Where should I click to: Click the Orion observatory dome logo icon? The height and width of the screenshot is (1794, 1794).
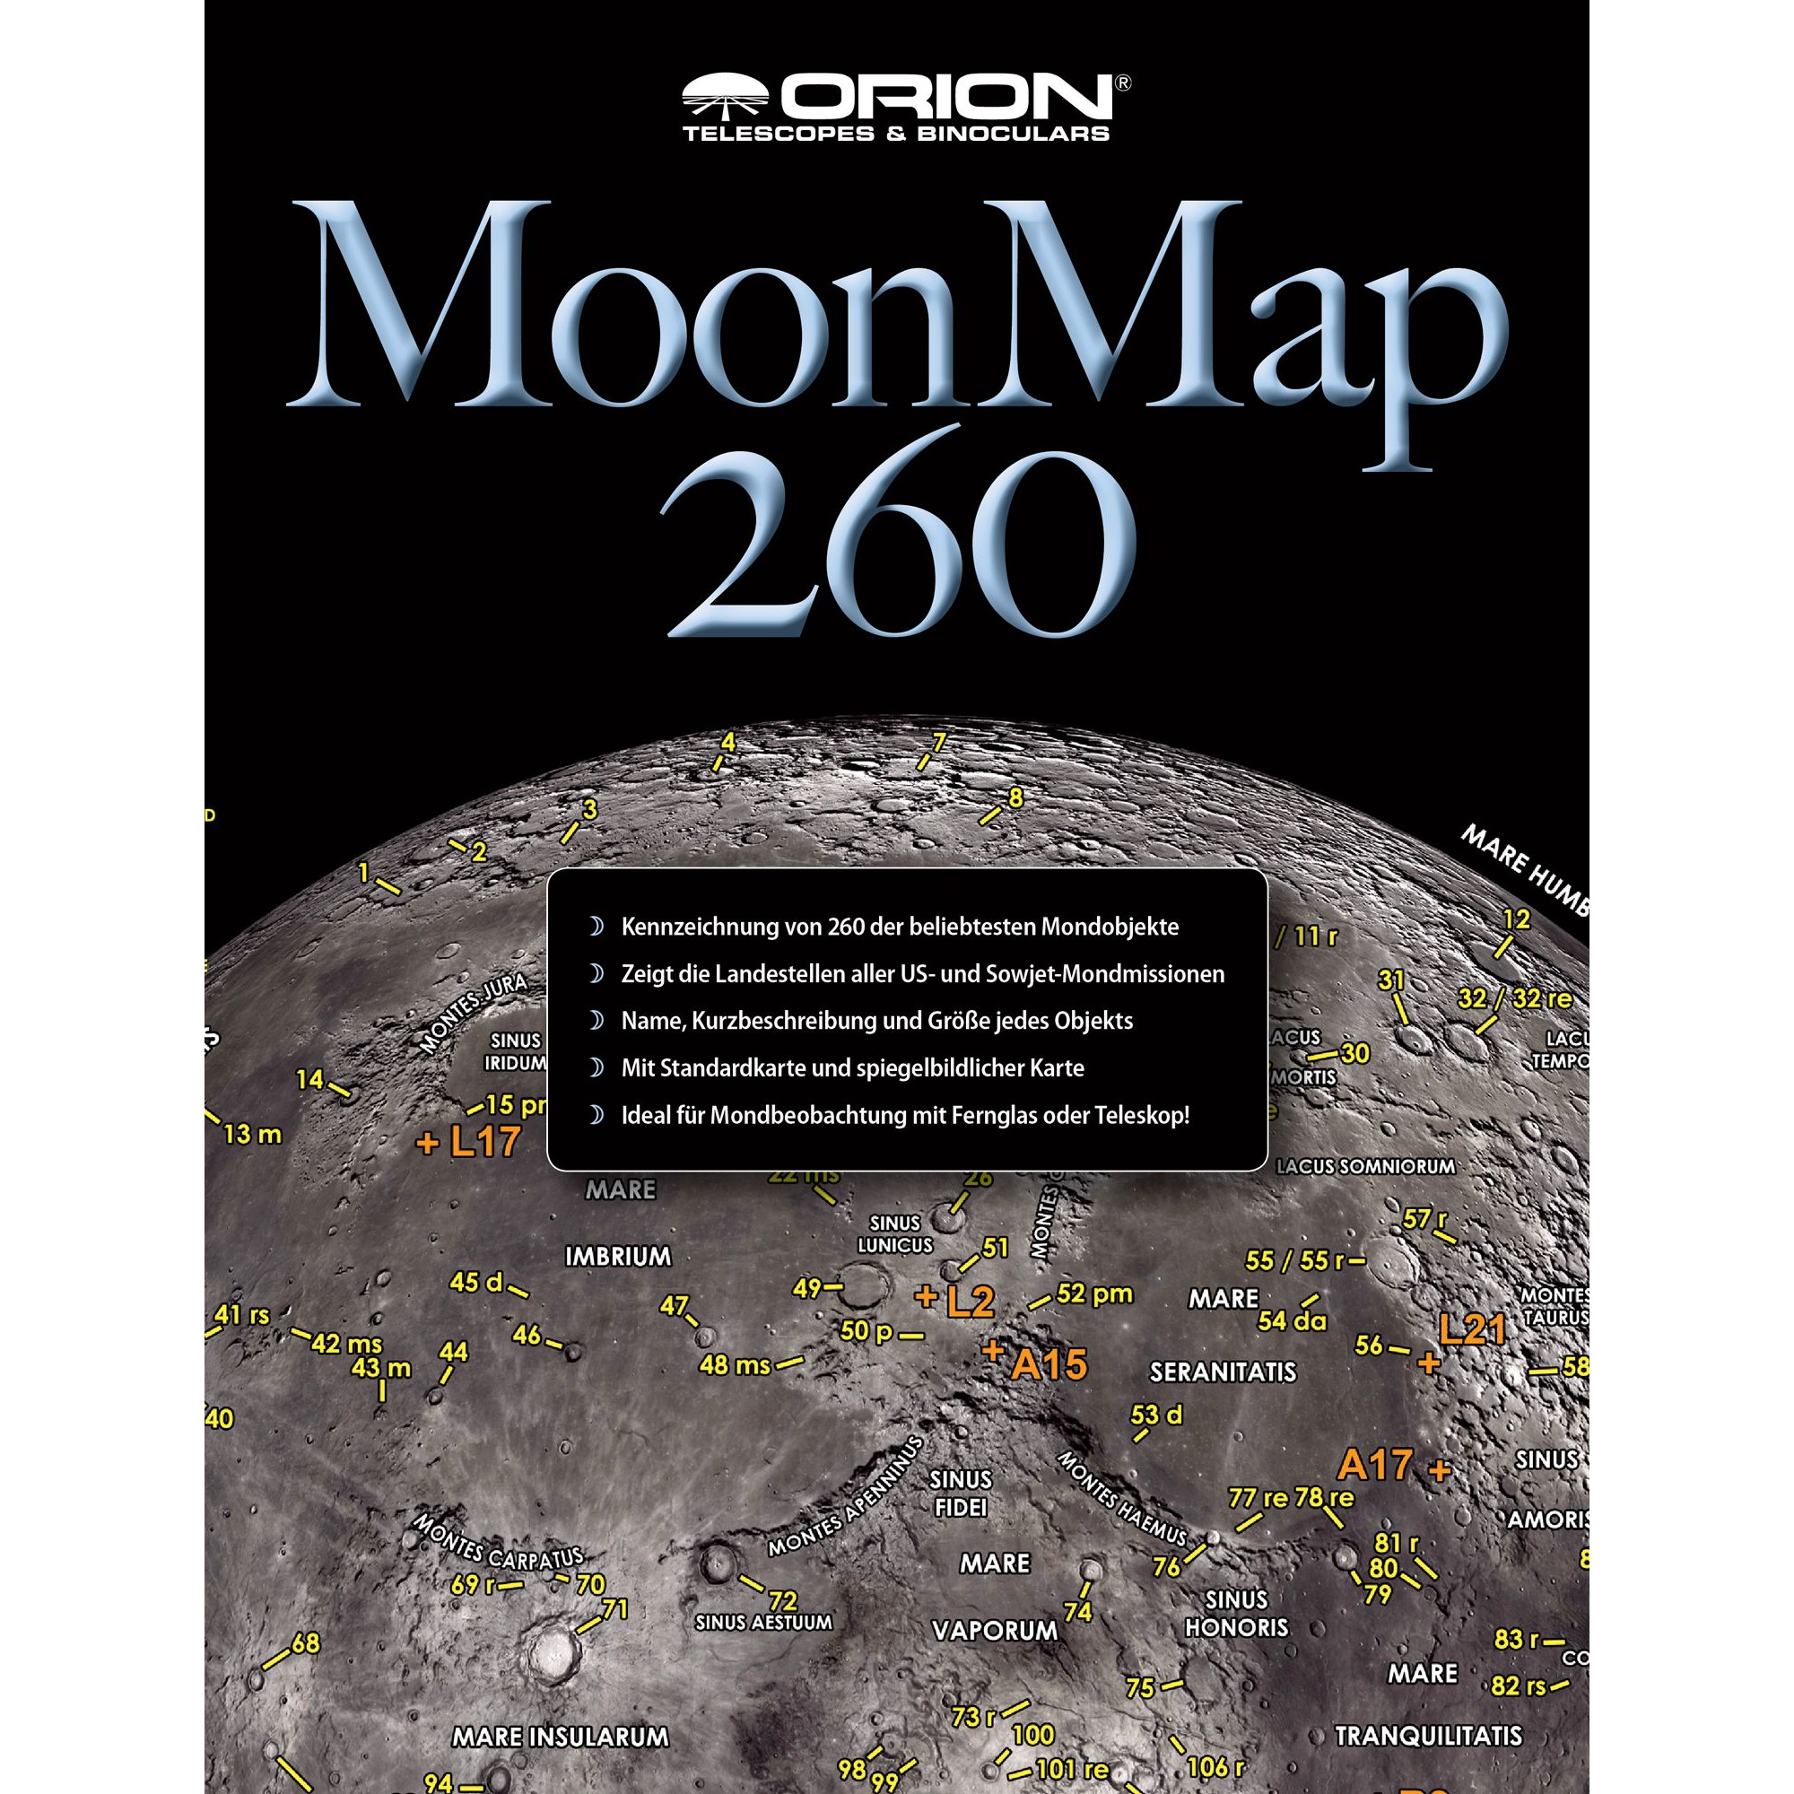[728, 93]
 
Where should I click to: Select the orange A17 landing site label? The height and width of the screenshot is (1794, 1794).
[1376, 1466]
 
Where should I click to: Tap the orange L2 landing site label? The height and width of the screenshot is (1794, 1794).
[970, 1302]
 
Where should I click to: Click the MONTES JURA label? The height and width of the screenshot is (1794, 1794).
[473, 1013]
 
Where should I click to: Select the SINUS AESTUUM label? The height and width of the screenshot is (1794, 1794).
[763, 1622]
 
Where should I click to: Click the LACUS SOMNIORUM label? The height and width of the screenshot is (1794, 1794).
[1365, 1167]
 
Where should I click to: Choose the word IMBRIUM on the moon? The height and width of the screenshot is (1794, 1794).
[617, 1257]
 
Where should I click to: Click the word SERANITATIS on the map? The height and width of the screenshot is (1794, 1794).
[1223, 1372]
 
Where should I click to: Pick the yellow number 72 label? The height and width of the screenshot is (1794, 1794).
[784, 1601]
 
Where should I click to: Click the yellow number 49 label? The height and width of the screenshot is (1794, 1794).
[807, 1288]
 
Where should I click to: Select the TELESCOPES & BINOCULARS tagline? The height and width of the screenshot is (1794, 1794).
[896, 133]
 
